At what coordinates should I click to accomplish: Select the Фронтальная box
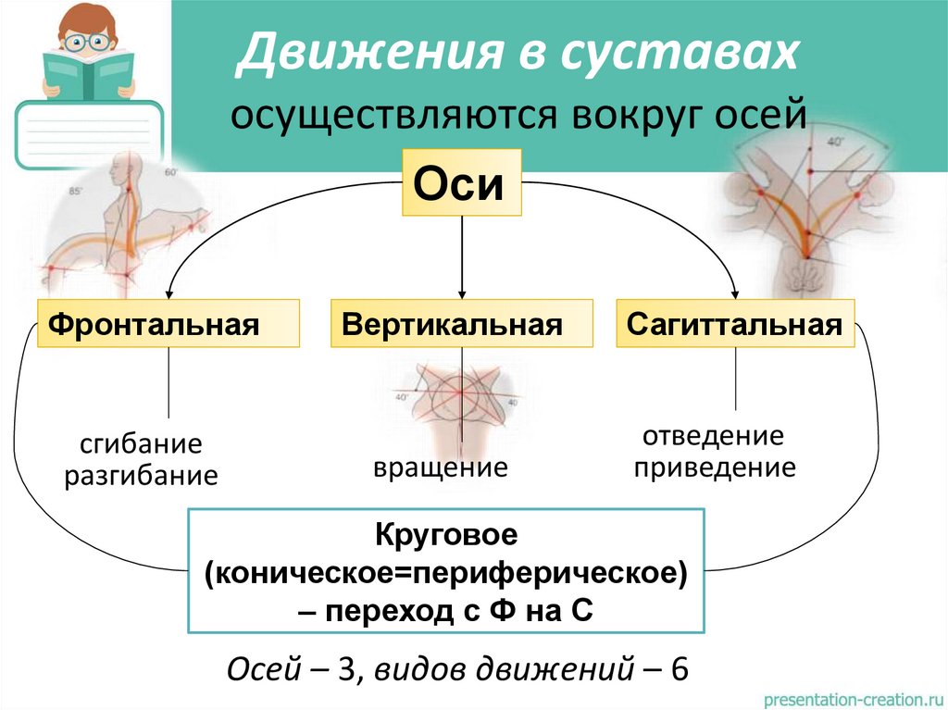coord(168,323)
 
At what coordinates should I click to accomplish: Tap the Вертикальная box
coord(461,323)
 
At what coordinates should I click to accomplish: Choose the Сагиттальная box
coord(735,323)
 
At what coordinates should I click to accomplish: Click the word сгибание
coord(141,443)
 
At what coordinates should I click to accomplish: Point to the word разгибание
coord(141,477)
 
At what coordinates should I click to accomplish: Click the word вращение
coord(441,467)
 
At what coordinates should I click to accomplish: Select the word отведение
coord(714,435)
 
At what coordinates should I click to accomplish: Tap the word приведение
coord(714,467)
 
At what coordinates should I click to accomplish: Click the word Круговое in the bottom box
coord(446,535)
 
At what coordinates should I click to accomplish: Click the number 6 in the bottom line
coord(680,669)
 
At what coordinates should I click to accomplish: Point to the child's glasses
coord(88,41)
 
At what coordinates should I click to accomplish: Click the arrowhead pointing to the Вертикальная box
coord(461,293)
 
